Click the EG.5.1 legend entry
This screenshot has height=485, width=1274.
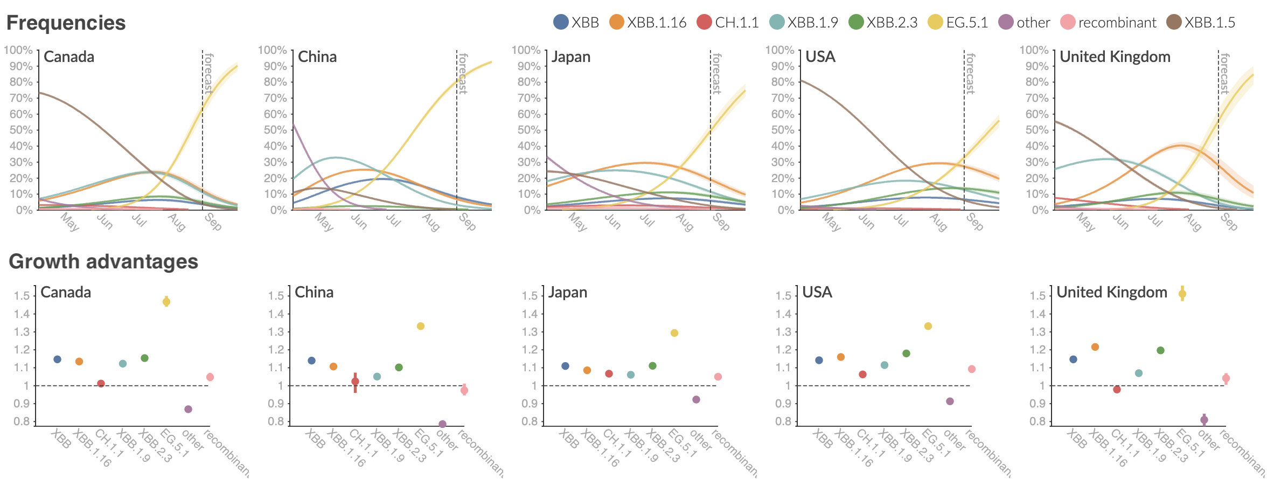click(x=958, y=22)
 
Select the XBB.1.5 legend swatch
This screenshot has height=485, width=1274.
click(x=1174, y=22)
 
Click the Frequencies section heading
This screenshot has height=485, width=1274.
click(x=66, y=23)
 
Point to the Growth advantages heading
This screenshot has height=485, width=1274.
click(x=103, y=261)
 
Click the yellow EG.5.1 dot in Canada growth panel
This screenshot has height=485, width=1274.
click(x=166, y=302)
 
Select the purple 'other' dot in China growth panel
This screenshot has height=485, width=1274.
click(x=442, y=424)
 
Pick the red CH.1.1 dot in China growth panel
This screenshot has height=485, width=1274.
click(x=355, y=382)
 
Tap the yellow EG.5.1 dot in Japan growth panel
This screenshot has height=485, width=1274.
click(x=674, y=333)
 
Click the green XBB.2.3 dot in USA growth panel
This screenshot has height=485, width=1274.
click(x=906, y=354)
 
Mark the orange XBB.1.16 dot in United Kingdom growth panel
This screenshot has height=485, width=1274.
click(x=1095, y=347)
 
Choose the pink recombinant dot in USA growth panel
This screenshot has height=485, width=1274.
click(x=972, y=369)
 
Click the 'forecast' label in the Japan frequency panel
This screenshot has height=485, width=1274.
click(x=716, y=73)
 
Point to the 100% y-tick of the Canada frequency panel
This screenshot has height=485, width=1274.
click(x=18, y=50)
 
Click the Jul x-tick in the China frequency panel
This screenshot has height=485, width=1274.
click(x=394, y=220)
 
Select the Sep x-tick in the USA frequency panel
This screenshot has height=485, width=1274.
click(x=974, y=221)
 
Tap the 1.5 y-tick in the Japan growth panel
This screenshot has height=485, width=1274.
click(x=530, y=296)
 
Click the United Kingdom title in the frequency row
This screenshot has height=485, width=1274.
click(x=1115, y=57)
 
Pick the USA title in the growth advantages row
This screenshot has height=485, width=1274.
click(x=817, y=292)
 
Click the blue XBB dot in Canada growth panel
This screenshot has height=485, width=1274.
click(x=58, y=359)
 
